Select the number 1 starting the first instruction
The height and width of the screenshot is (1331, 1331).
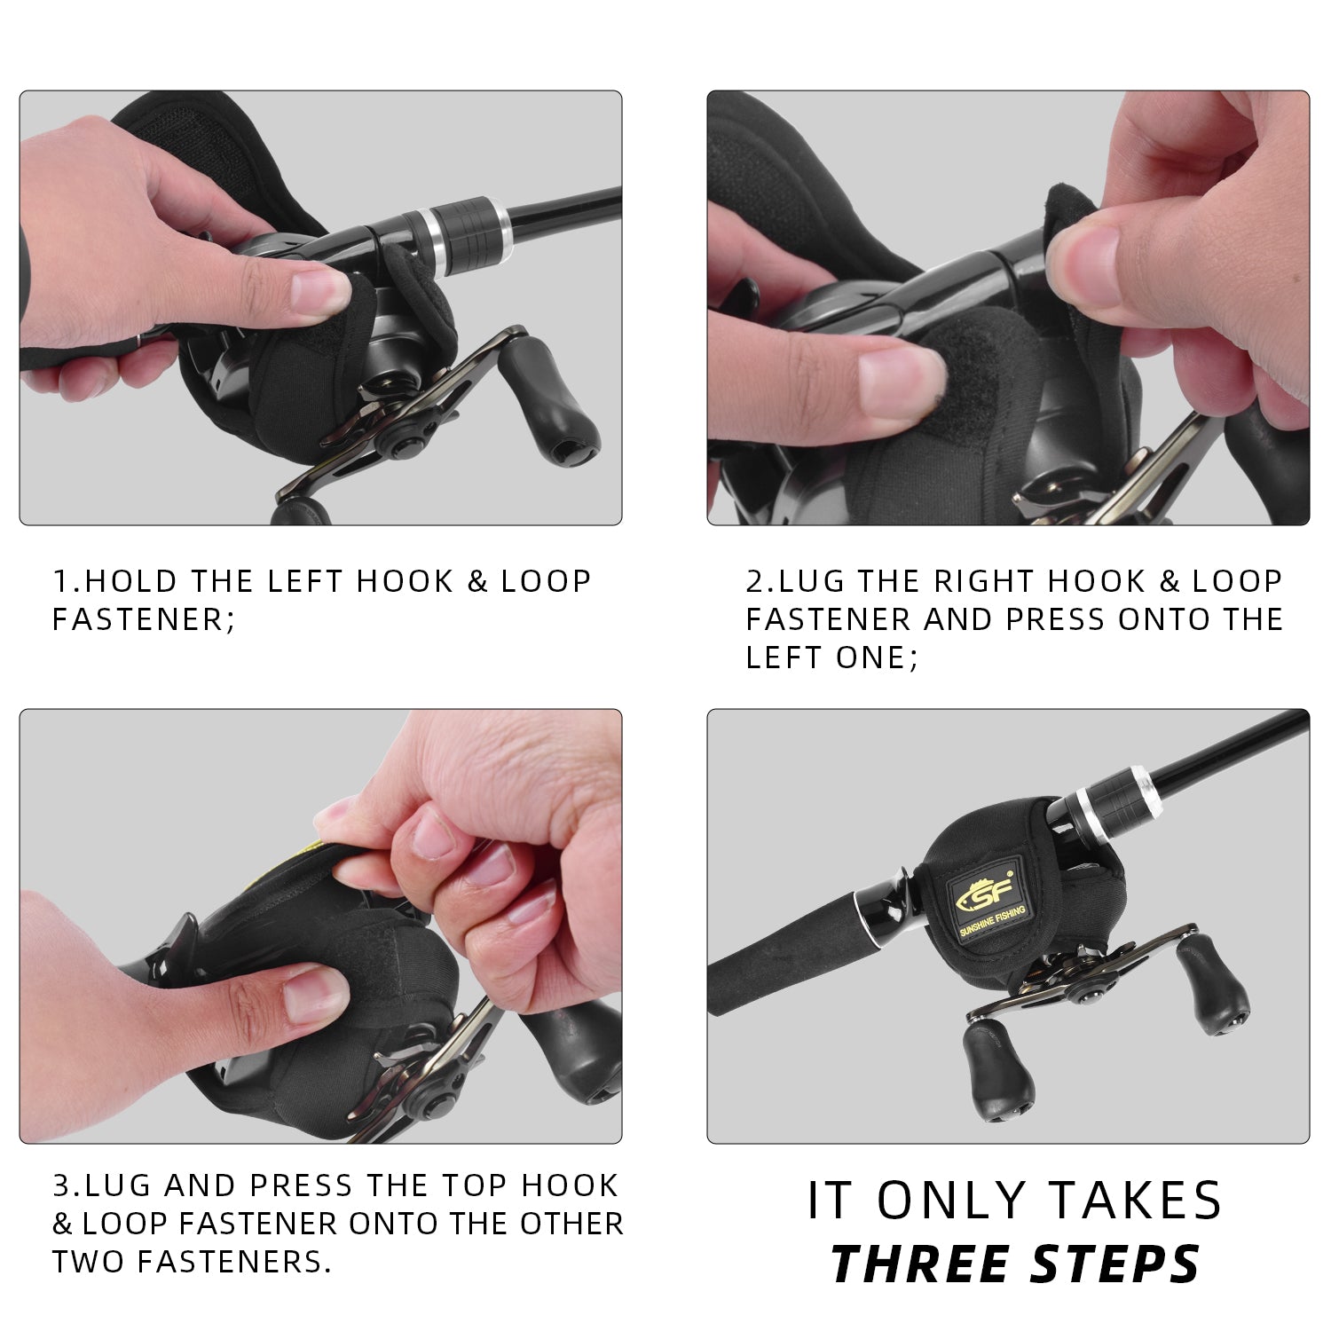(x=60, y=581)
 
